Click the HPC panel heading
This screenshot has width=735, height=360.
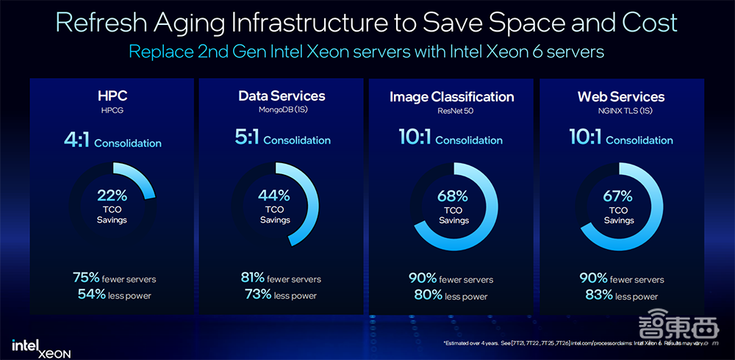112,96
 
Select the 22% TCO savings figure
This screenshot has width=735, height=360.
112,195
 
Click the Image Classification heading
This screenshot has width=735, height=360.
451,97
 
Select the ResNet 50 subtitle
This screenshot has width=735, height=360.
451,111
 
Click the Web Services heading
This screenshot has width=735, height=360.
621,97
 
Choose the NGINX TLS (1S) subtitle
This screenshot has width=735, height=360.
621,111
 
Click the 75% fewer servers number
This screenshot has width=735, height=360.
86,278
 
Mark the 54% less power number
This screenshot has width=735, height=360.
91,295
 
